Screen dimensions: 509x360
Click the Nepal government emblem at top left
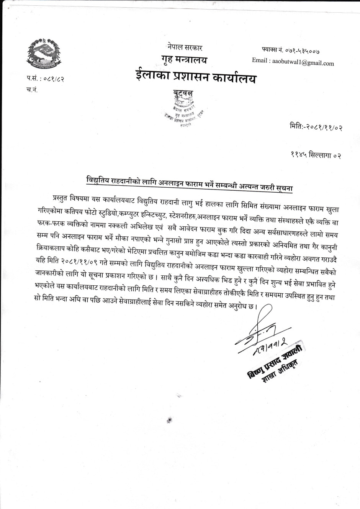(x=44, y=54)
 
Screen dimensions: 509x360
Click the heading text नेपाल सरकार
(x=185, y=48)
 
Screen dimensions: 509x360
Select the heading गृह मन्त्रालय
(x=184, y=60)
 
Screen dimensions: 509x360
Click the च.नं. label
(x=32, y=90)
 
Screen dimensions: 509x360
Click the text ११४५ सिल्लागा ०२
(x=315, y=155)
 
